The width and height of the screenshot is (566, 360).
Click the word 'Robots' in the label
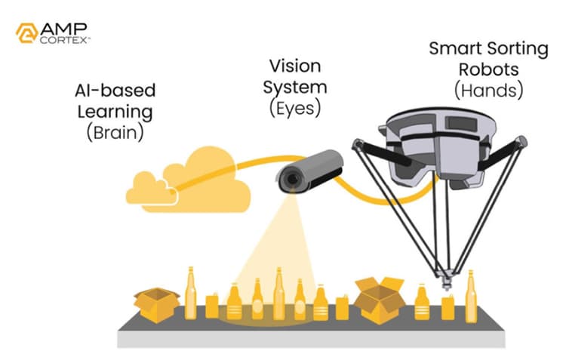[x=489, y=69]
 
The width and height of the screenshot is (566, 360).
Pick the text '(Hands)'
[x=489, y=91]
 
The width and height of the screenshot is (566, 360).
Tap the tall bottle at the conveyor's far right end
[x=472, y=295]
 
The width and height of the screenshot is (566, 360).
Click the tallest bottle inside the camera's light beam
[x=278, y=294]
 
